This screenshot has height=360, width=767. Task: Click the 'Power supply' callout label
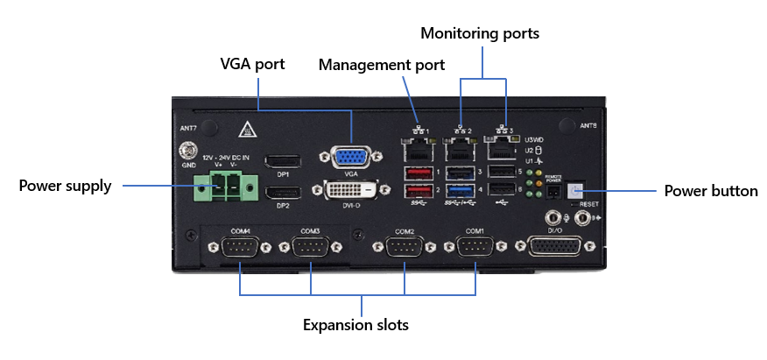pos(66,185)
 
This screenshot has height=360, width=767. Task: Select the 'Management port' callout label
pos(381,65)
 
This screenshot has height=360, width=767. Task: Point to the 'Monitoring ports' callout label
pos(480,34)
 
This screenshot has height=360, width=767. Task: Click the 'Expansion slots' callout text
pos(355,325)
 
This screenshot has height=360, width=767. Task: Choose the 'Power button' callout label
pos(711,190)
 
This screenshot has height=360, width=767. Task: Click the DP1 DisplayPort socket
pos(283,161)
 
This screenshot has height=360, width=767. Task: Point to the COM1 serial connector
pos(475,249)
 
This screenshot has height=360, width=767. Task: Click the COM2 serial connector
pos(405,249)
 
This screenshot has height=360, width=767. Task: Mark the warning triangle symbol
pos(249,129)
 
